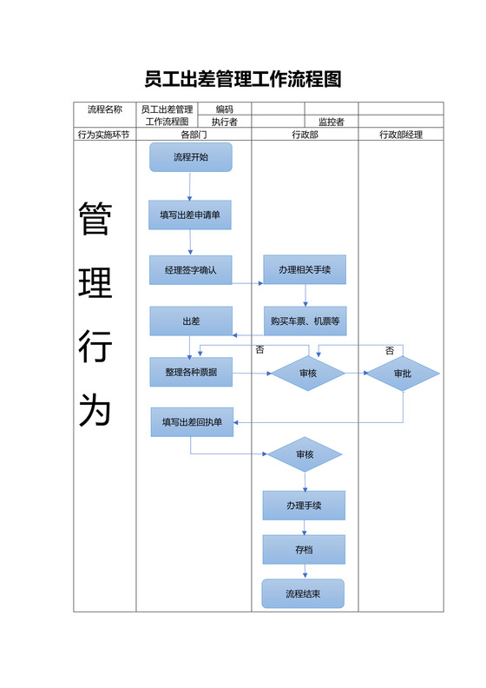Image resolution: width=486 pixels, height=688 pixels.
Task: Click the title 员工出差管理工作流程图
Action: [x=243, y=80]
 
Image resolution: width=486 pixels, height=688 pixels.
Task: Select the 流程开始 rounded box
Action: [x=191, y=157]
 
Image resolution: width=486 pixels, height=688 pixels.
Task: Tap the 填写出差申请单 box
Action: [x=190, y=215]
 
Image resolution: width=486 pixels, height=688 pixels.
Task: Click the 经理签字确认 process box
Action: [x=191, y=270]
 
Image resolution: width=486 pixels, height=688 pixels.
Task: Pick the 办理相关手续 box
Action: [x=305, y=270]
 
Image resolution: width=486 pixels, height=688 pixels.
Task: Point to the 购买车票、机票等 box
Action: [x=305, y=321]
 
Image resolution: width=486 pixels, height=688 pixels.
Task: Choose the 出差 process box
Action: [x=191, y=321]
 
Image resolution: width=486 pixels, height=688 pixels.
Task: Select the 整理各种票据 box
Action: [x=191, y=372]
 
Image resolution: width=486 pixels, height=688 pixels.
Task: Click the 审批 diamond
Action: [x=402, y=374]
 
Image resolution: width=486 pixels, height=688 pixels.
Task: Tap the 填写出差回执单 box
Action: [x=192, y=422]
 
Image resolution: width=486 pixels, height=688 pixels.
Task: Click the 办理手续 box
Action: [x=305, y=505]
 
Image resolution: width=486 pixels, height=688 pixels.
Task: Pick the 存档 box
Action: [x=305, y=549]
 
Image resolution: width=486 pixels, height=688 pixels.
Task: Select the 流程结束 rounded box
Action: [x=304, y=594]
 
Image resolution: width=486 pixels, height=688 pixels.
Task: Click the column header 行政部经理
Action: [x=401, y=135]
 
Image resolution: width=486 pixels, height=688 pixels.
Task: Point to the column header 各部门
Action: [x=194, y=135]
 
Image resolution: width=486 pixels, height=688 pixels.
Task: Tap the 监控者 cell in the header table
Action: [x=332, y=122]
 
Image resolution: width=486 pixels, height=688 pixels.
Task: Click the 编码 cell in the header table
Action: [x=225, y=109]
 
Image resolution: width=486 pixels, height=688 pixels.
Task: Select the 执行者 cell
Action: [x=225, y=122]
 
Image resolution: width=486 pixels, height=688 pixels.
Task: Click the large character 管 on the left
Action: [x=95, y=219]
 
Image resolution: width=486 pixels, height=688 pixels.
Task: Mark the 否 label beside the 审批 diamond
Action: [x=390, y=350]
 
